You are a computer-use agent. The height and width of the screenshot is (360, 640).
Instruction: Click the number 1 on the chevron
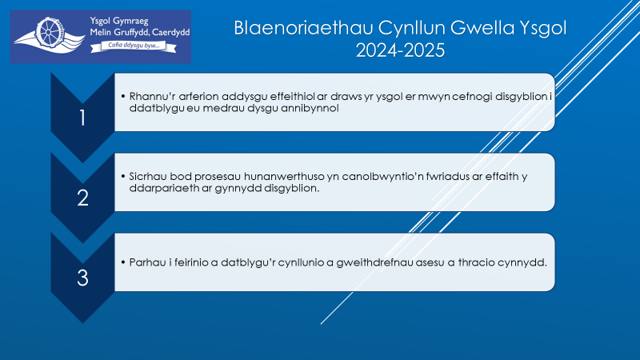point(82,118)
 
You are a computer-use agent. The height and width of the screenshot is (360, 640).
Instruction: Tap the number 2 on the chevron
point(83,198)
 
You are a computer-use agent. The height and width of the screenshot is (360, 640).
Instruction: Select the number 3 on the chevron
point(83,278)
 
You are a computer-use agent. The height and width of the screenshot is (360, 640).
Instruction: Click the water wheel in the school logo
point(50,33)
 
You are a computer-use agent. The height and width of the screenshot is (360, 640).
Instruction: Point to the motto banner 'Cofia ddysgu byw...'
point(134,46)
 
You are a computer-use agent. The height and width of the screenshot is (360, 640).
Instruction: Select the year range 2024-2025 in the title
point(400,50)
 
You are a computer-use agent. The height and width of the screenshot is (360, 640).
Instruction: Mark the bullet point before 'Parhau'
point(123,262)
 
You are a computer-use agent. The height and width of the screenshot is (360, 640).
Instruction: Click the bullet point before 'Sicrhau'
point(123,176)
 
